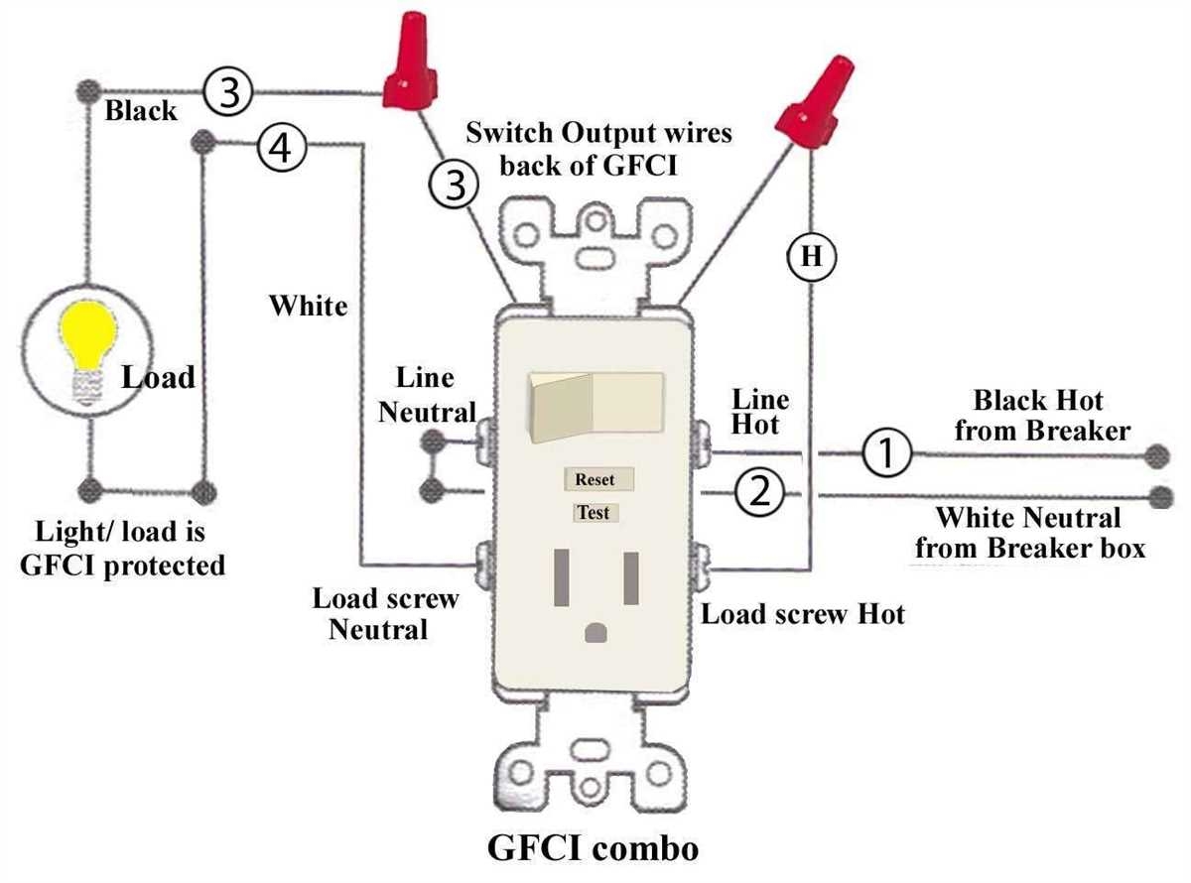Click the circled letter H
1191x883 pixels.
811,257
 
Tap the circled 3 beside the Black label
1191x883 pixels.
229,94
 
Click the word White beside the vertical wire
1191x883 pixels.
309,306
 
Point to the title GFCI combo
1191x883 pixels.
593,849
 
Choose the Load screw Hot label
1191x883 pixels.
803,614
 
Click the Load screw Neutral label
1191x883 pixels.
385,613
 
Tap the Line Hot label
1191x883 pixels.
760,412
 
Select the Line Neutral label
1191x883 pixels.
426,395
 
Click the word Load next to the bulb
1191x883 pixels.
159,378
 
